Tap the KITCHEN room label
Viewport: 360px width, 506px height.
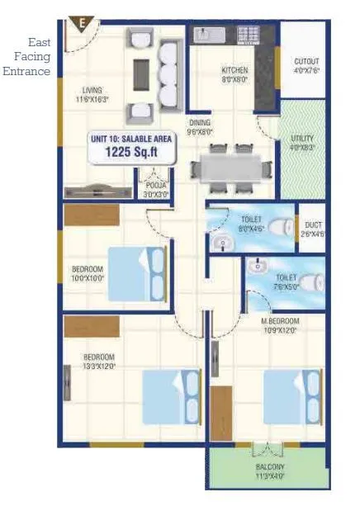point(234,71)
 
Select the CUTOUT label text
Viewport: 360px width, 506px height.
point(306,62)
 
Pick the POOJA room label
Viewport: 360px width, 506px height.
point(155,186)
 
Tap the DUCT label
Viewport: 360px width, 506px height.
point(312,225)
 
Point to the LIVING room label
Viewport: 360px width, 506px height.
point(92,91)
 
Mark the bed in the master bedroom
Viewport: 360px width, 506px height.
point(291,396)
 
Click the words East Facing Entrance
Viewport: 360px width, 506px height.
point(27,56)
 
